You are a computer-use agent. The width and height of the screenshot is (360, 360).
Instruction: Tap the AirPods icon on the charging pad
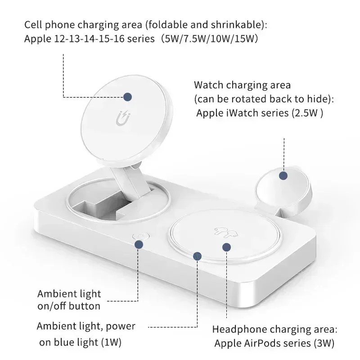pos(221,231)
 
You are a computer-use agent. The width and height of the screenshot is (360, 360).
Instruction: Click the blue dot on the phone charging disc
pos(128,97)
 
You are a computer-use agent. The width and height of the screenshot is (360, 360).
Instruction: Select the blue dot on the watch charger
pos(283,176)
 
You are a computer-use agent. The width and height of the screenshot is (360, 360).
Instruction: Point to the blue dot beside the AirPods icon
pos(227,247)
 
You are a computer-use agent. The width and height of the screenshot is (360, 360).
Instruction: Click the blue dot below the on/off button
pos(139,244)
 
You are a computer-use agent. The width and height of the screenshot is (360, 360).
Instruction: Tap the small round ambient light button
pos(139,236)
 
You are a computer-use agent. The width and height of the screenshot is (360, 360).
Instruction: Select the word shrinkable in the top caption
pos(221,24)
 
